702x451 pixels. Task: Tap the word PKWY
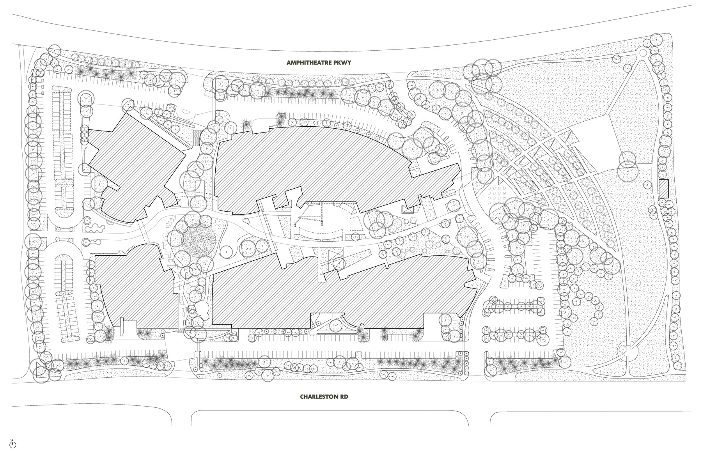point(346,62)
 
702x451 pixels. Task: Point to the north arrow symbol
point(12,444)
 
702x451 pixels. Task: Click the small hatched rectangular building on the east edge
point(664,189)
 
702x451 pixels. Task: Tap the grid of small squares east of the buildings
point(496,195)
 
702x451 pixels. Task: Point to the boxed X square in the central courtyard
point(334,258)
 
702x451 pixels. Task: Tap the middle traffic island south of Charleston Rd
point(330,418)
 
